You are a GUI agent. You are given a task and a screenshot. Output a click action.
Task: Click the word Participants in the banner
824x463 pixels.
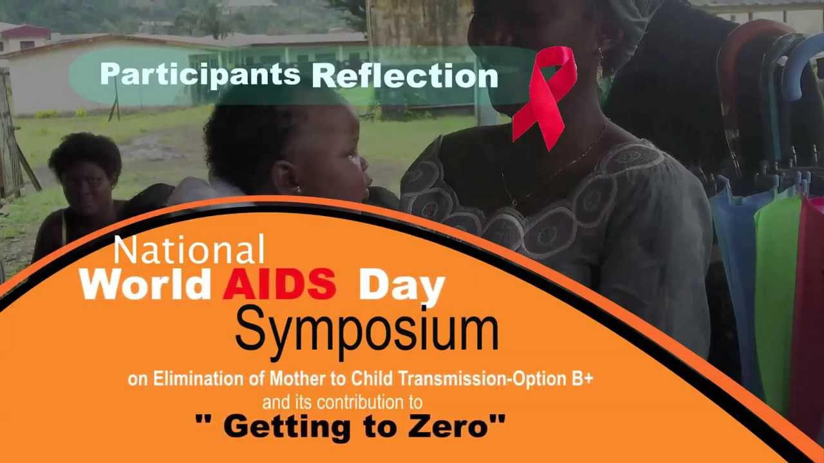[200, 75]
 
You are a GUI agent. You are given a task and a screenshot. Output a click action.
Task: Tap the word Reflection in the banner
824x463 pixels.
[405, 77]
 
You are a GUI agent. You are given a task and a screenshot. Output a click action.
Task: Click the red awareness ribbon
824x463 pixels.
[547, 96]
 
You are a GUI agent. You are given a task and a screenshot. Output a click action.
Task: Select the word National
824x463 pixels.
[189, 250]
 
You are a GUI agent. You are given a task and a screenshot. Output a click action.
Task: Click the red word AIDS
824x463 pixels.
[279, 284]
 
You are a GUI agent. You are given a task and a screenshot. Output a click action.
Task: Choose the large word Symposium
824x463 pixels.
[366, 330]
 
